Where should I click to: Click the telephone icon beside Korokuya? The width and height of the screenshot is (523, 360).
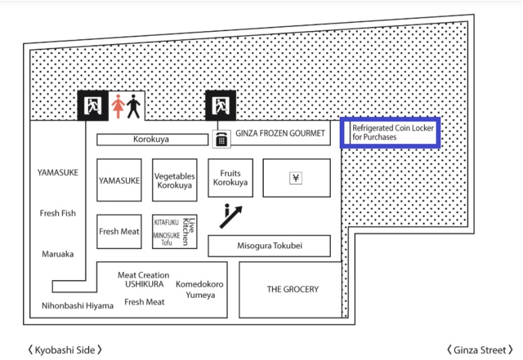click(x=221, y=139)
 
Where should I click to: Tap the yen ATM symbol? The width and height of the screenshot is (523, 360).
click(x=296, y=178)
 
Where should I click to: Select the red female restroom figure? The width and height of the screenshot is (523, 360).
click(x=118, y=106)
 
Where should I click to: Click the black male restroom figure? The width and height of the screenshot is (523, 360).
click(x=133, y=106)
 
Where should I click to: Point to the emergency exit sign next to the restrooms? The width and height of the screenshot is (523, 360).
click(x=93, y=106)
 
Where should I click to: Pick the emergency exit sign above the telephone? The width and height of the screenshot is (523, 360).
click(x=221, y=106)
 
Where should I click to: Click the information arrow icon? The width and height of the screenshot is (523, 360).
click(x=231, y=216)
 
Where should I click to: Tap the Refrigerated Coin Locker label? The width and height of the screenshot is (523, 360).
click(x=393, y=133)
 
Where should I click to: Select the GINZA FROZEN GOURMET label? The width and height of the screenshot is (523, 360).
click(x=280, y=133)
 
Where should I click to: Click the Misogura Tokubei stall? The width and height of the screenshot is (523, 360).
click(x=269, y=246)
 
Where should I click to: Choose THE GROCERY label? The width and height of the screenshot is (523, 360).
click(x=293, y=289)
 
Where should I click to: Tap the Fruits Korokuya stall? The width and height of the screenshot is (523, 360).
click(x=231, y=178)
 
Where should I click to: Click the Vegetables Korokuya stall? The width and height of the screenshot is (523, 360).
click(x=175, y=180)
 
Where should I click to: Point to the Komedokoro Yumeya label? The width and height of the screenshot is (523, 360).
click(x=200, y=289)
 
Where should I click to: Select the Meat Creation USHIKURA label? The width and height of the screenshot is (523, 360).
click(x=143, y=279)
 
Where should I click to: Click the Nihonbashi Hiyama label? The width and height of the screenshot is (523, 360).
click(x=77, y=306)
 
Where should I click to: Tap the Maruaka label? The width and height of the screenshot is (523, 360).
click(x=58, y=254)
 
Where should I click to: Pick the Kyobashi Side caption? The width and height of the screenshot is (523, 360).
click(x=65, y=350)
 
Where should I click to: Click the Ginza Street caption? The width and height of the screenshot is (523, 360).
click(x=480, y=350)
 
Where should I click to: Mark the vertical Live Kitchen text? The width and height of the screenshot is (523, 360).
click(x=188, y=231)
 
